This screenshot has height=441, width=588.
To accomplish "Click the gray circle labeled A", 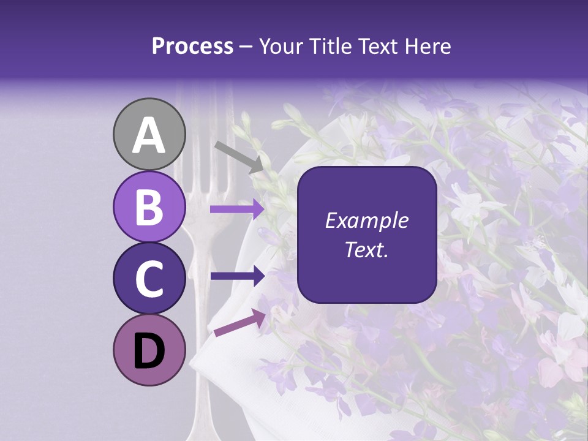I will coord(149,134).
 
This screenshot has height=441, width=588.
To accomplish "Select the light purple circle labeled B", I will coord(149,206).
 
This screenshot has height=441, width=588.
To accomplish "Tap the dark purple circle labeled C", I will coord(149,278).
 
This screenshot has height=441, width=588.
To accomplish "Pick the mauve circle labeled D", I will coord(149,350).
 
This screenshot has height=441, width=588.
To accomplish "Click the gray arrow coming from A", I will coord(239,157).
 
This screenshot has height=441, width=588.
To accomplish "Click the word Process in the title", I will coord(192,47).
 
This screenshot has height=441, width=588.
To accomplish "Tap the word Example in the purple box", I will coord(366,221).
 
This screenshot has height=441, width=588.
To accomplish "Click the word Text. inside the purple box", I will coord(366,250).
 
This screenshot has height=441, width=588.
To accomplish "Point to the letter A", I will coord(149,135).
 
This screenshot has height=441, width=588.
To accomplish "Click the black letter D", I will coord(149,351).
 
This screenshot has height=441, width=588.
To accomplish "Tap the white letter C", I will coord(149,279).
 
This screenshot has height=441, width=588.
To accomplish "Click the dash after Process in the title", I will coord(246,47).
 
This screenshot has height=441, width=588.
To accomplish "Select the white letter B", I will coord(149,207).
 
